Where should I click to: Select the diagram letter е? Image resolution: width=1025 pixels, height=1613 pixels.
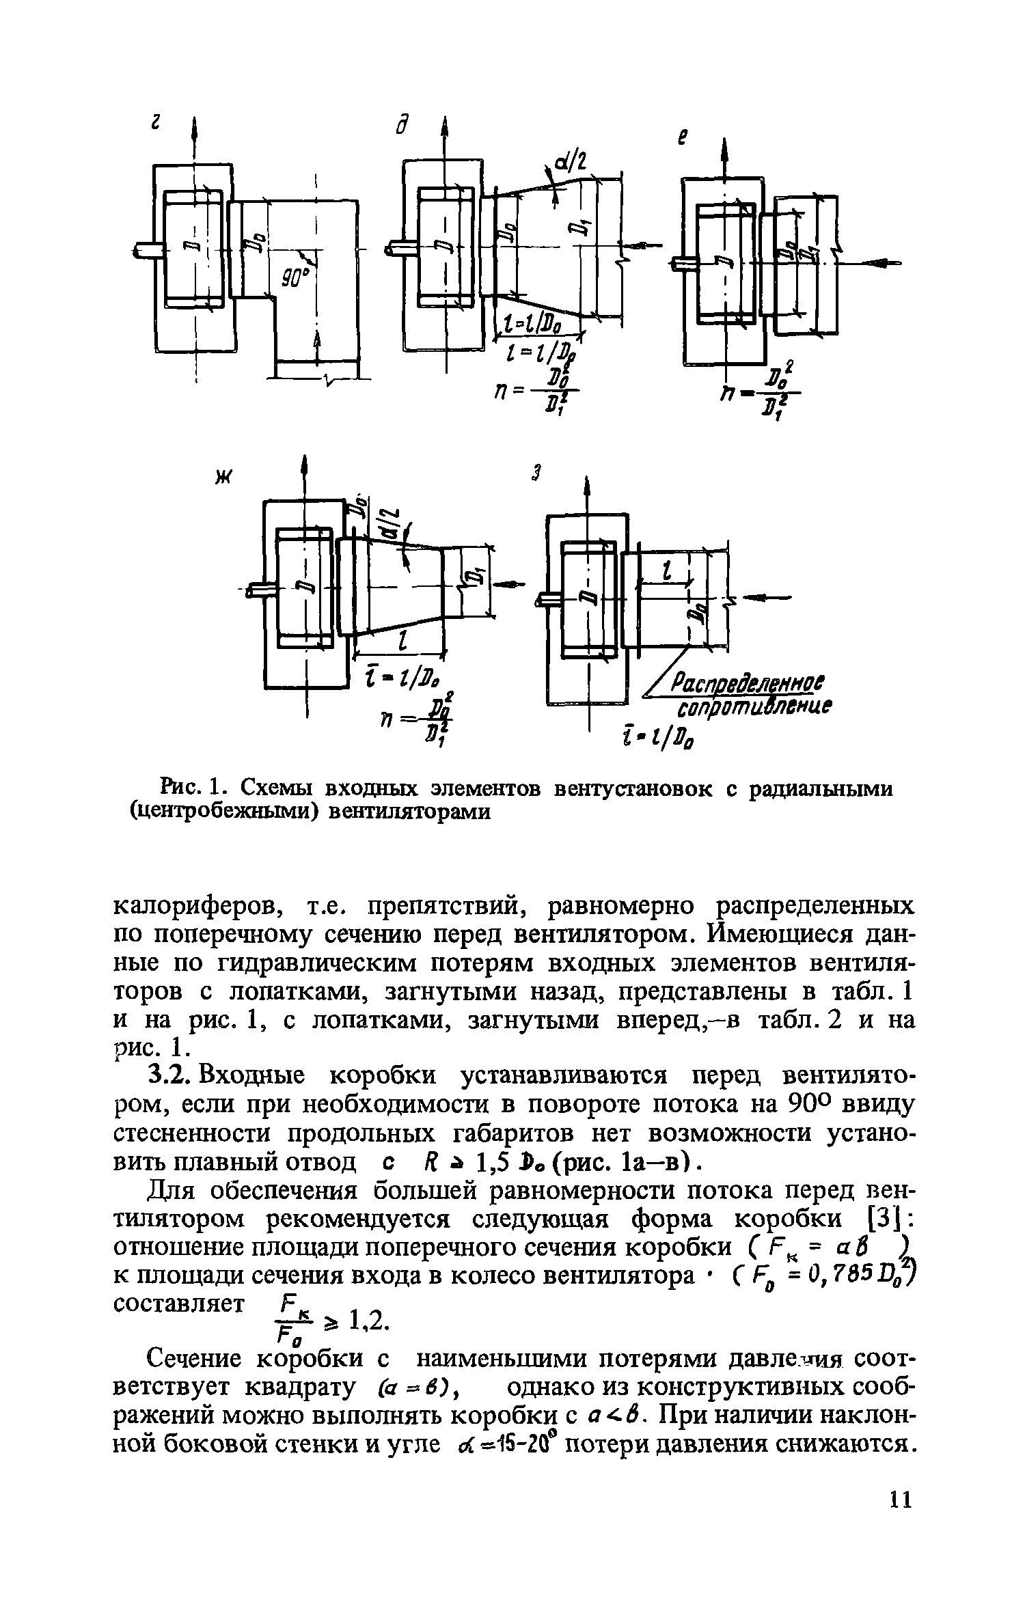[681, 139]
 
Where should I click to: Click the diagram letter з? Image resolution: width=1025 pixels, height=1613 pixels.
[537, 473]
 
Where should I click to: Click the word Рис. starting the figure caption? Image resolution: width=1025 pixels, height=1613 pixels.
[180, 788]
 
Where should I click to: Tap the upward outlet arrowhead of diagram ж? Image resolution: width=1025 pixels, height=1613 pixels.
[305, 467]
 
